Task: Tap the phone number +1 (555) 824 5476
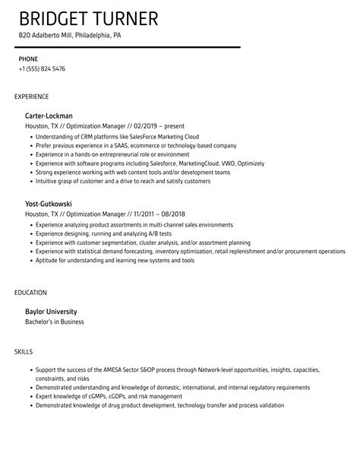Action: (x=42, y=69)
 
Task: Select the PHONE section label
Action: (x=29, y=59)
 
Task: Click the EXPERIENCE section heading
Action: (x=32, y=97)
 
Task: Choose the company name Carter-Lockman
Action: (x=49, y=116)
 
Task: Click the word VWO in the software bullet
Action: (x=225, y=163)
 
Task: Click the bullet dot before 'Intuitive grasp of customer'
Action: (x=30, y=181)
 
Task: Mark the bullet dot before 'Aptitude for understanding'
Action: (x=30, y=260)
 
